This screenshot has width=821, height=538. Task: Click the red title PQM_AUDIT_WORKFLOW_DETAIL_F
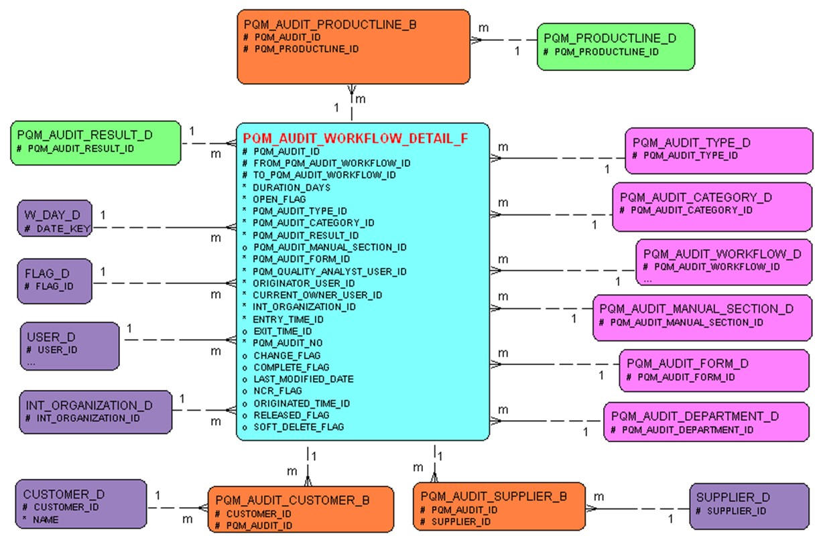coord(355,139)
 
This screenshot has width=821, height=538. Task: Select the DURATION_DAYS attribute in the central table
coord(291,188)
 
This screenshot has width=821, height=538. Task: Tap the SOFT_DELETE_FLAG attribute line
coord(298,427)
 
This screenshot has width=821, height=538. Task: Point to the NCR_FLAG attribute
coord(277,391)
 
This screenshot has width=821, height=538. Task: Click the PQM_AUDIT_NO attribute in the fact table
coord(288,343)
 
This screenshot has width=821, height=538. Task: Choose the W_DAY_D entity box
coord(54,218)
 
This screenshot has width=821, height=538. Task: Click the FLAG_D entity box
coord(54,280)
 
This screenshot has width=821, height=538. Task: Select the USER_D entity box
coord(70,345)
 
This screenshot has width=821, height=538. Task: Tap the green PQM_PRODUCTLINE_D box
coord(615,46)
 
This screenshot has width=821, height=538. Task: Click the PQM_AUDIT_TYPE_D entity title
coord(691,143)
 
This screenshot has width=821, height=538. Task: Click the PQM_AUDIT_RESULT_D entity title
coord(84,135)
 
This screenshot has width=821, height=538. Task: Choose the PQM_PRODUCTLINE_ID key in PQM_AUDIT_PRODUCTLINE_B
coord(306,49)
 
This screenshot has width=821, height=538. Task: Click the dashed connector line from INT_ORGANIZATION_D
coord(201,410)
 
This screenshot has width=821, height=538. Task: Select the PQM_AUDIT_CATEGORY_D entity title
coord(696,198)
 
